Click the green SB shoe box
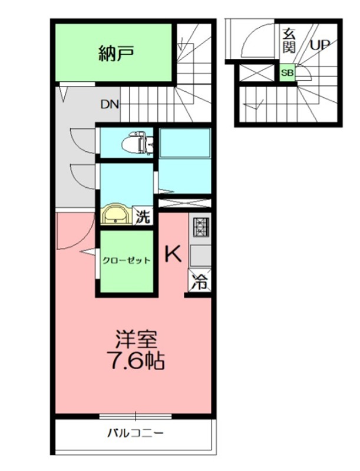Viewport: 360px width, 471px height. pos(286,73)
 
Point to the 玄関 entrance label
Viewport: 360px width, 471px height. pos(289,39)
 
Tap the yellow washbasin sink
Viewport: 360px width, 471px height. pos(117,215)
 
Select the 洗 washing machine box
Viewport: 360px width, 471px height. pos(143,216)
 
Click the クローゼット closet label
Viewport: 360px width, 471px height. pos(126,260)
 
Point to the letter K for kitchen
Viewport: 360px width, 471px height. pos(172,254)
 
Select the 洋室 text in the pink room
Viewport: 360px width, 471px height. pos(135,340)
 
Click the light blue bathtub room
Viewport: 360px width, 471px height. pos(184,160)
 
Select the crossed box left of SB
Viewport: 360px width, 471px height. pos(257,74)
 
